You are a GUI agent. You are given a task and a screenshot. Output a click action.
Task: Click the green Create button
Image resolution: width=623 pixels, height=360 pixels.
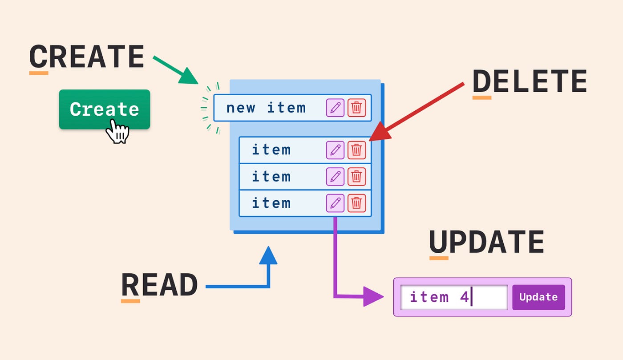[105, 109]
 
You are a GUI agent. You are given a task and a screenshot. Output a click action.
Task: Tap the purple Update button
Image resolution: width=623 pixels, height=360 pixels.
[538, 297]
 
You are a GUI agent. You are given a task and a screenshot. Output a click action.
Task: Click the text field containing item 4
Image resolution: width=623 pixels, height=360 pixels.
[454, 297]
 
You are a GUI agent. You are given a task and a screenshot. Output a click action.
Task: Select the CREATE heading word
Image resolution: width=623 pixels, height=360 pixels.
[87, 57]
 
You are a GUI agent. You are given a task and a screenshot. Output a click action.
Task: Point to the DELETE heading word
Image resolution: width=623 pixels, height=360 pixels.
[530, 81]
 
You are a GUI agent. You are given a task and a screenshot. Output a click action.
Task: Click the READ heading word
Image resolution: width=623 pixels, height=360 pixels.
[159, 285]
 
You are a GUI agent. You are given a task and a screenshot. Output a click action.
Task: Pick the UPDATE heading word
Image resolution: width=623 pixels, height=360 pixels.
[486, 243]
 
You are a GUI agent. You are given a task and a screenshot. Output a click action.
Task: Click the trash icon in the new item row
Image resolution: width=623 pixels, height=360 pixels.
[356, 108]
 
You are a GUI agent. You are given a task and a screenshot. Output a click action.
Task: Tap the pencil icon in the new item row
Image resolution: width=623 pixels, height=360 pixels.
[335, 108]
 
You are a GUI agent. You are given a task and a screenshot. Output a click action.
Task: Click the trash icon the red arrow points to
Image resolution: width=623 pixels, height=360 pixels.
[356, 150]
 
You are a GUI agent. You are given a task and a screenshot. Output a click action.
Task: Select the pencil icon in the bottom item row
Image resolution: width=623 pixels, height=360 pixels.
[335, 203]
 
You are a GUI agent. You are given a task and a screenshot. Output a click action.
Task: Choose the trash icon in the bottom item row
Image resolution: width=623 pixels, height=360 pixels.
[356, 203]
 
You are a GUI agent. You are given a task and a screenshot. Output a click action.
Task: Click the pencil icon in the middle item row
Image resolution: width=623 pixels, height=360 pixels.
[335, 177]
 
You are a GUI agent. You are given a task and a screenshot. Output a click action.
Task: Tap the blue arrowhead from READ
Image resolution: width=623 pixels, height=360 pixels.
[268, 255]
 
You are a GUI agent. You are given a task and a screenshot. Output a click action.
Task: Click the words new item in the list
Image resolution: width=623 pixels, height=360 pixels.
[266, 108]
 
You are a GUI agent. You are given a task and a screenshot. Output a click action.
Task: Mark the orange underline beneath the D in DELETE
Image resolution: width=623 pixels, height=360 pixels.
[481, 97]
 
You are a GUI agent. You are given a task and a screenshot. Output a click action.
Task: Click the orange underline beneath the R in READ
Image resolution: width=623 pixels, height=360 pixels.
[130, 301]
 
